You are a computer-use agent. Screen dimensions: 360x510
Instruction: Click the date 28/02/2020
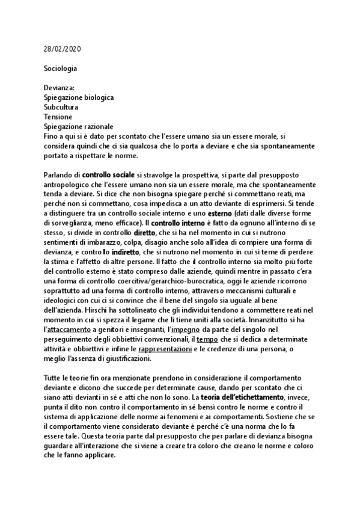tap(63, 49)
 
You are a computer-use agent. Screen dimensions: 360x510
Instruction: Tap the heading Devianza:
tap(59, 88)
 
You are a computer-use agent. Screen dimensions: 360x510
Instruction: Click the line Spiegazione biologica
tap(79, 97)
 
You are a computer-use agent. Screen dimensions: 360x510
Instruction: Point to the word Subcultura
tap(61, 107)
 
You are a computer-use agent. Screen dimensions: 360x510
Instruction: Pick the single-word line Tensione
tap(58, 117)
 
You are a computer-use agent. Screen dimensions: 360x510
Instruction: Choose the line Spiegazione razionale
tap(78, 126)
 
